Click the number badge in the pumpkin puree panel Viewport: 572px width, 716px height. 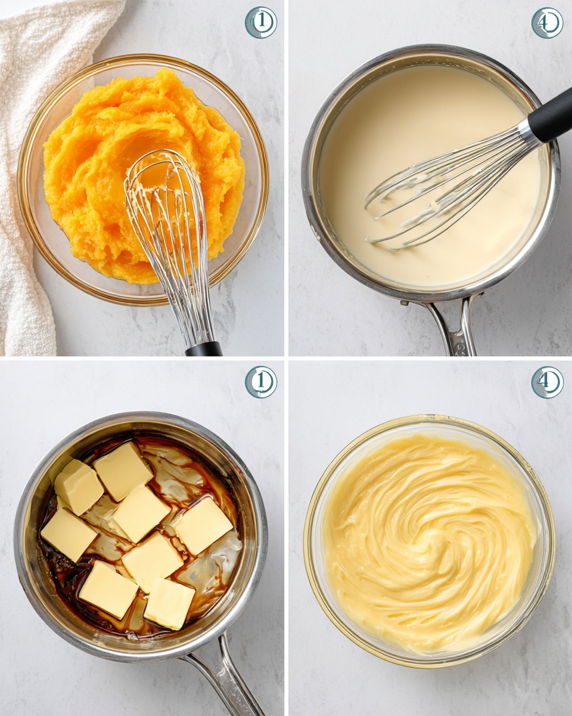(x=261, y=23)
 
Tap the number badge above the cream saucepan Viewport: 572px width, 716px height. (x=547, y=23)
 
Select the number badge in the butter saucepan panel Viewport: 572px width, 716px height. (x=261, y=382)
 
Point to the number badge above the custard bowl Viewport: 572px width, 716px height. (x=547, y=382)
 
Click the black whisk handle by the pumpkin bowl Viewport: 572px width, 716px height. (x=204, y=349)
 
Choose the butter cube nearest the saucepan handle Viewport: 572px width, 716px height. (x=169, y=603)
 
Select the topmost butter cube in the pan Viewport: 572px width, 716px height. (x=123, y=470)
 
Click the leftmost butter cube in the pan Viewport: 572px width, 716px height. (x=69, y=533)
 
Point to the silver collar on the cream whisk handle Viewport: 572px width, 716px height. (x=527, y=129)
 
